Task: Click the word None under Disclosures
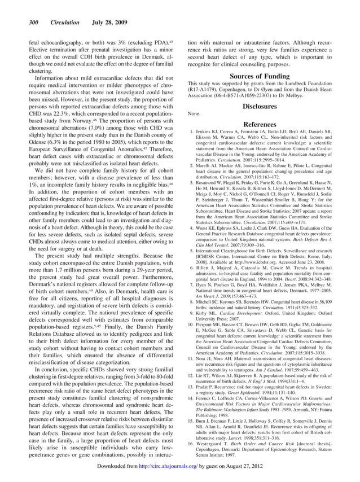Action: point(194,113)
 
